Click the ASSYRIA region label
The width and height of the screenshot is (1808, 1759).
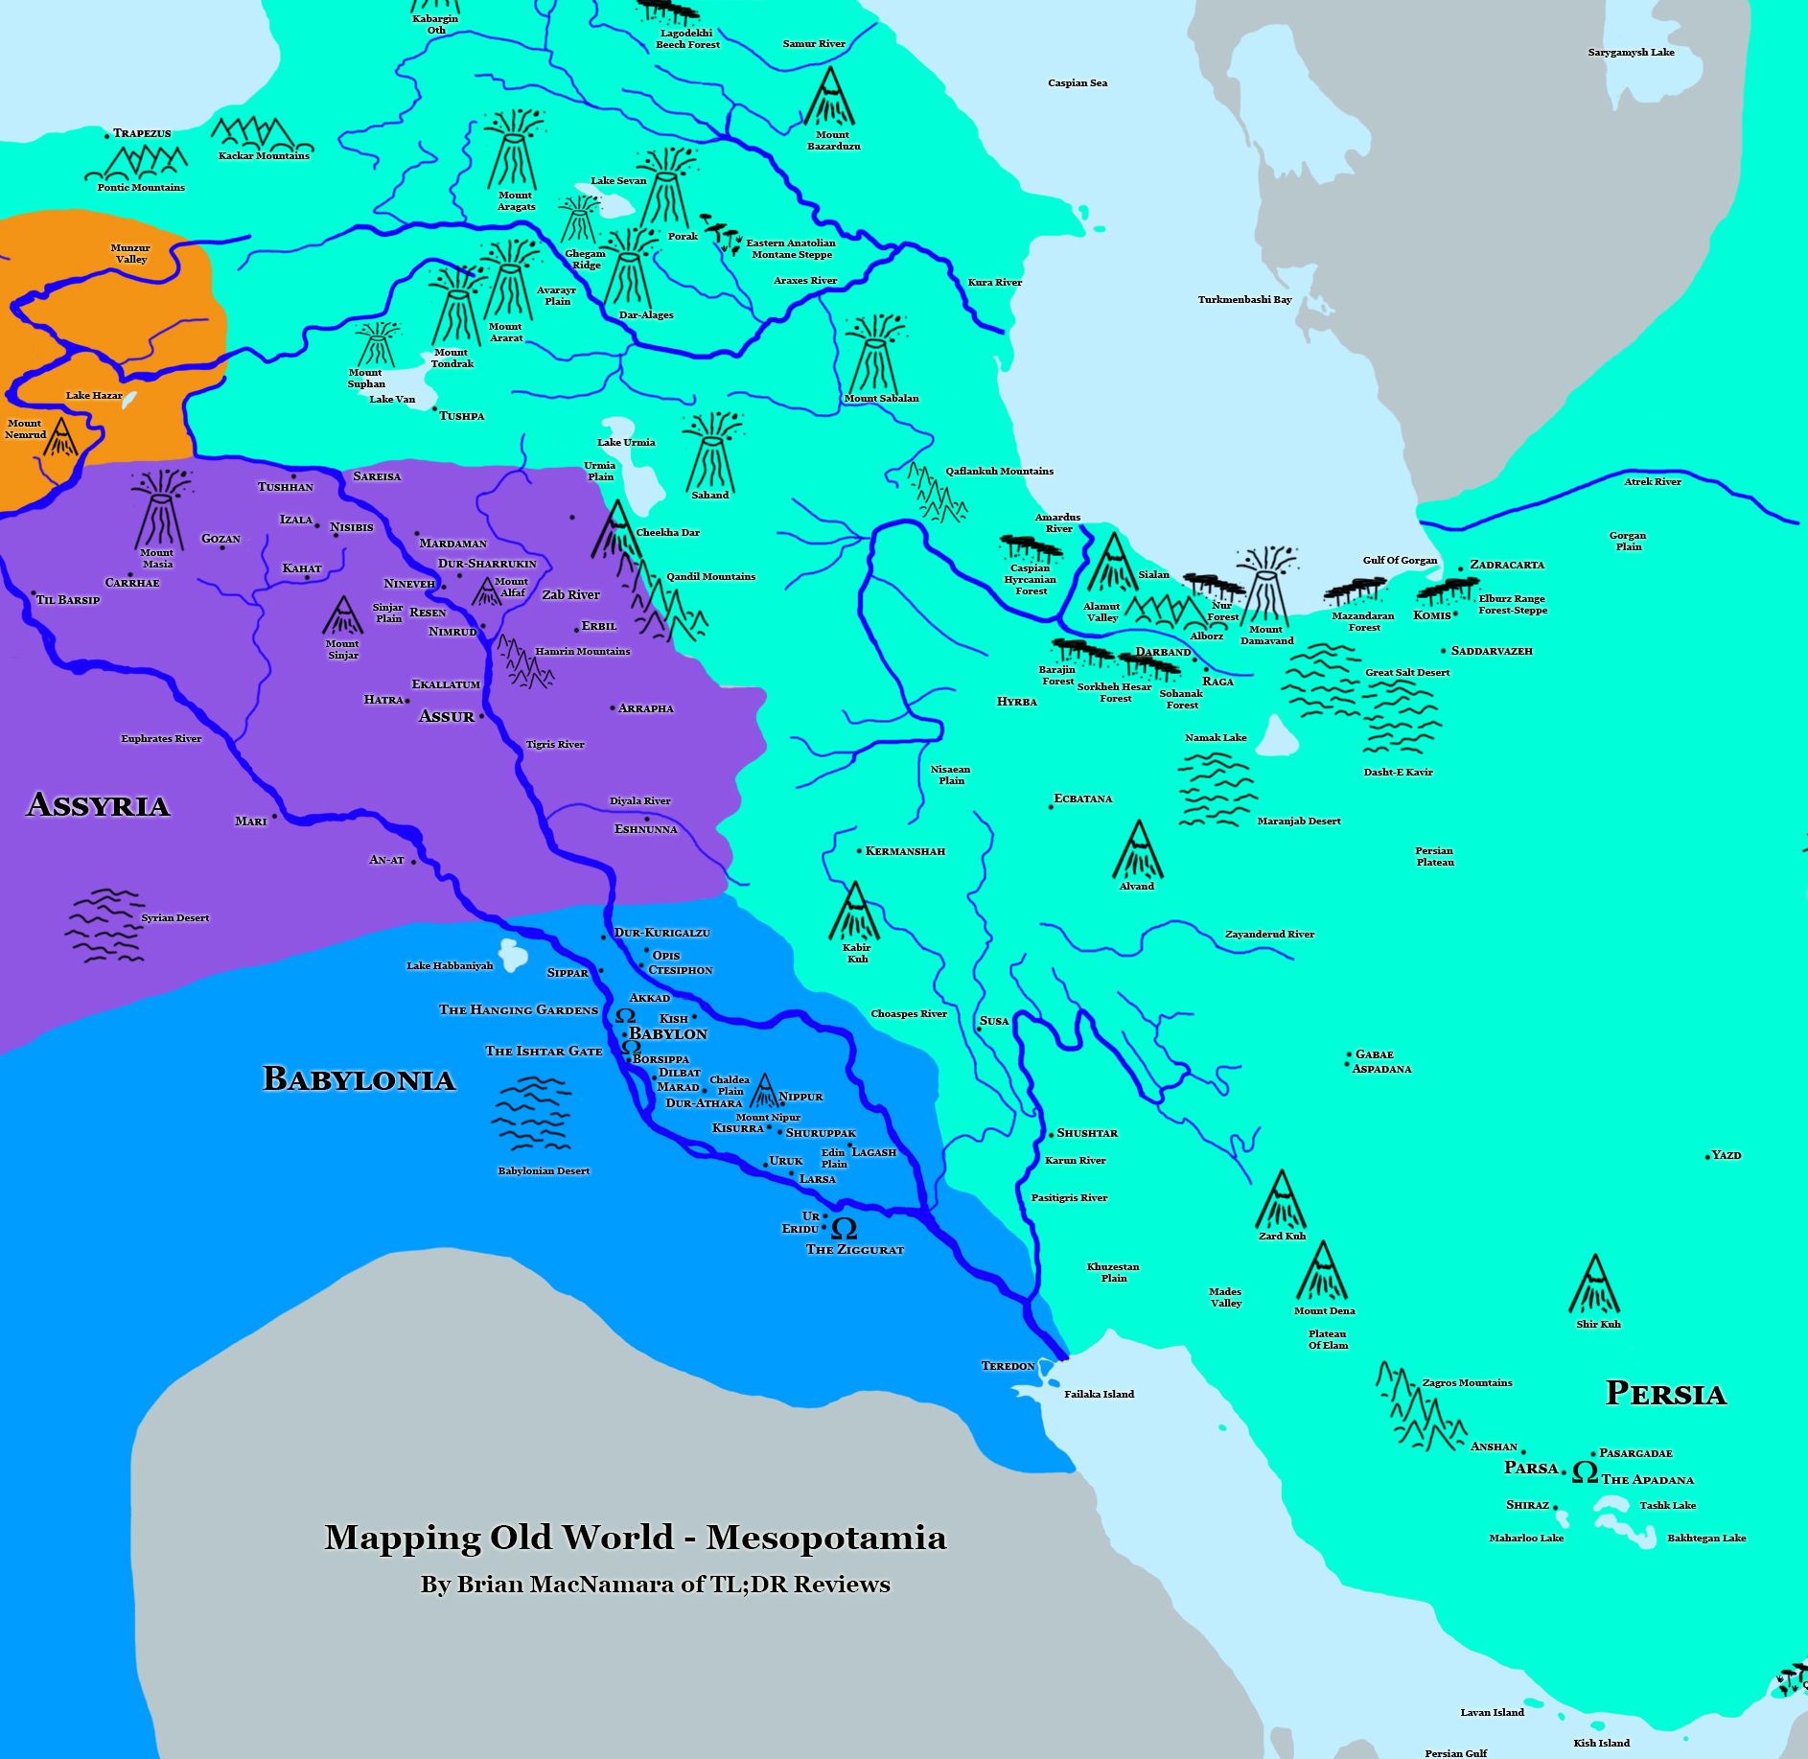(x=99, y=804)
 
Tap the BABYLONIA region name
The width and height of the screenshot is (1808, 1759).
(x=359, y=1079)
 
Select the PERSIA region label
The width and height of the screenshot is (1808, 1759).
(x=1665, y=1393)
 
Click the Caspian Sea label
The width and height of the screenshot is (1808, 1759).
(x=1078, y=83)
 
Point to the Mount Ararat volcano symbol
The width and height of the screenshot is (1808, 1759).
(x=509, y=283)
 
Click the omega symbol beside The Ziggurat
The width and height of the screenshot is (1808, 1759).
(x=844, y=1228)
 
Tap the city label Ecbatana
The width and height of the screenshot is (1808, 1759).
(x=1083, y=798)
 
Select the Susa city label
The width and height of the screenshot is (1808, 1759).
(x=994, y=1021)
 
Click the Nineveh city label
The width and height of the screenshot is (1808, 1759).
(x=409, y=584)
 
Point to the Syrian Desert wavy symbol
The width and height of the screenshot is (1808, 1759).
(x=104, y=925)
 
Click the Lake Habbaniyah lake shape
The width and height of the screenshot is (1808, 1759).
(x=513, y=955)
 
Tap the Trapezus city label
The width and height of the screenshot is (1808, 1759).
(x=142, y=133)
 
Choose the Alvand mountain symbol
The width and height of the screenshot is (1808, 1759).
(x=1138, y=850)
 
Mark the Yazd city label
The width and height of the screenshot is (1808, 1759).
(x=1727, y=1155)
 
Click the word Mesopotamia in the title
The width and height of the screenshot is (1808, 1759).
(x=826, y=1538)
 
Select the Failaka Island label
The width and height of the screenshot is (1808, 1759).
(x=1099, y=1394)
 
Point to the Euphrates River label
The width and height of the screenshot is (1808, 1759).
(x=161, y=738)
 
